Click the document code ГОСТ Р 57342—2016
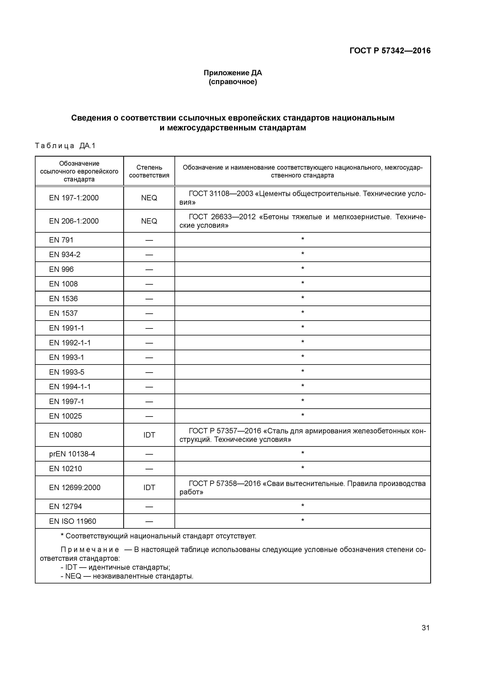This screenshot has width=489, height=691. (390, 51)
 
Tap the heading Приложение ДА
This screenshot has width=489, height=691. (233, 73)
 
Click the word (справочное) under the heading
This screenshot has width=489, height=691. (233, 82)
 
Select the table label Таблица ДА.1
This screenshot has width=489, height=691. (65, 146)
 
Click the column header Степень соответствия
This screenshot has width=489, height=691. (149, 171)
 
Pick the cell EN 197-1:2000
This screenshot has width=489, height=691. (74, 198)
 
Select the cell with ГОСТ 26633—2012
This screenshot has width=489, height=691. (302, 221)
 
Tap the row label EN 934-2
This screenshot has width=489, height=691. (65, 255)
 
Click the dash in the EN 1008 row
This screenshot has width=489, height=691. (149, 284)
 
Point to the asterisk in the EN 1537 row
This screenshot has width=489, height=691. (302, 312)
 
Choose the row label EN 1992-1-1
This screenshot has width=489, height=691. (70, 343)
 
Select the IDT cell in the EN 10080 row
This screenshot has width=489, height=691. (149, 435)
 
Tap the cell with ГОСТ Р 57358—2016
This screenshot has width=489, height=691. (302, 488)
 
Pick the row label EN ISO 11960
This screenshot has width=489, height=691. (73, 521)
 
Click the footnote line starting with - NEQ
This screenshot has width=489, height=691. (127, 576)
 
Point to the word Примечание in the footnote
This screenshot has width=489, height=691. (90, 550)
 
